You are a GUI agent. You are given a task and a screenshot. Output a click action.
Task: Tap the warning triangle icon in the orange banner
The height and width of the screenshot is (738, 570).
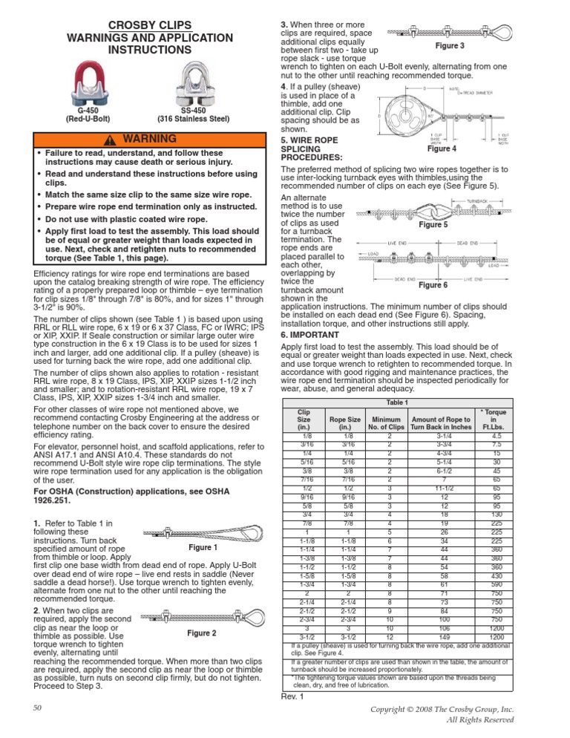pyautogui.click(x=110, y=140)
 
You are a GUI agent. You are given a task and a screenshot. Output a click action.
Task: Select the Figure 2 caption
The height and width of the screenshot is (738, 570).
pyautogui.click(x=202, y=633)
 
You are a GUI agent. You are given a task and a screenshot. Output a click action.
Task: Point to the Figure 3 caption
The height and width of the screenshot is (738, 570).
pyautogui.click(x=449, y=46)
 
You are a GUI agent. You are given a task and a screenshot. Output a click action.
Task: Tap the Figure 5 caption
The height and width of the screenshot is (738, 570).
pyautogui.click(x=433, y=224)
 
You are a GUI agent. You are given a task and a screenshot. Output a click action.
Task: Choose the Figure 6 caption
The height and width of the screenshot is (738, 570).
pyautogui.click(x=433, y=285)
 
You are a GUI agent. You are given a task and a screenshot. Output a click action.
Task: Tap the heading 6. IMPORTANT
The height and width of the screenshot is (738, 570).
pyautogui.click(x=309, y=335)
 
